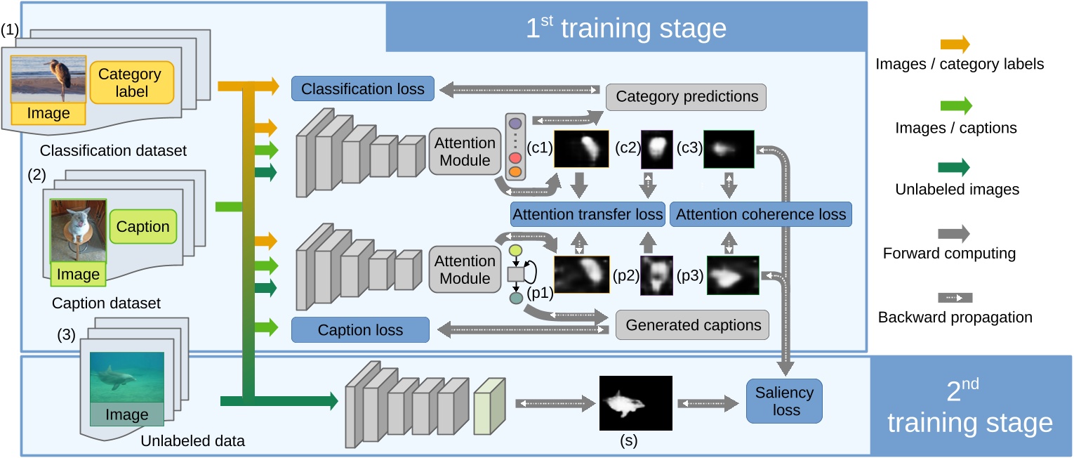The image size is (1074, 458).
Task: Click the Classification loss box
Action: pos(362,89)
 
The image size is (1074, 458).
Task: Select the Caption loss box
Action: pos(360,330)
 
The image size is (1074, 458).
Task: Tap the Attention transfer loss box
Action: pos(588,214)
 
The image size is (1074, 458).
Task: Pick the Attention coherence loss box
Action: pos(760,214)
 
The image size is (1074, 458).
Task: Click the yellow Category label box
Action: pos(130,82)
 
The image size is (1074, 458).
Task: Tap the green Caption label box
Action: pos(142,227)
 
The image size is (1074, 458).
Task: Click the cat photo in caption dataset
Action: pos(78,232)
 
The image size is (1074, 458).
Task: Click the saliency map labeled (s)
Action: pos(635,403)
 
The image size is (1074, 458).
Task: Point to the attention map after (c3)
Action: pos(728,149)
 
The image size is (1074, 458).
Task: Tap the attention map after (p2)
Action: pos(657,274)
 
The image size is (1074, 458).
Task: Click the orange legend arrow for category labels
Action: pos(957,45)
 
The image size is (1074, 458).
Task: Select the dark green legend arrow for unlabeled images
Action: pos(957,167)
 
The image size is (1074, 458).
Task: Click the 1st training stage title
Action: pos(625,28)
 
